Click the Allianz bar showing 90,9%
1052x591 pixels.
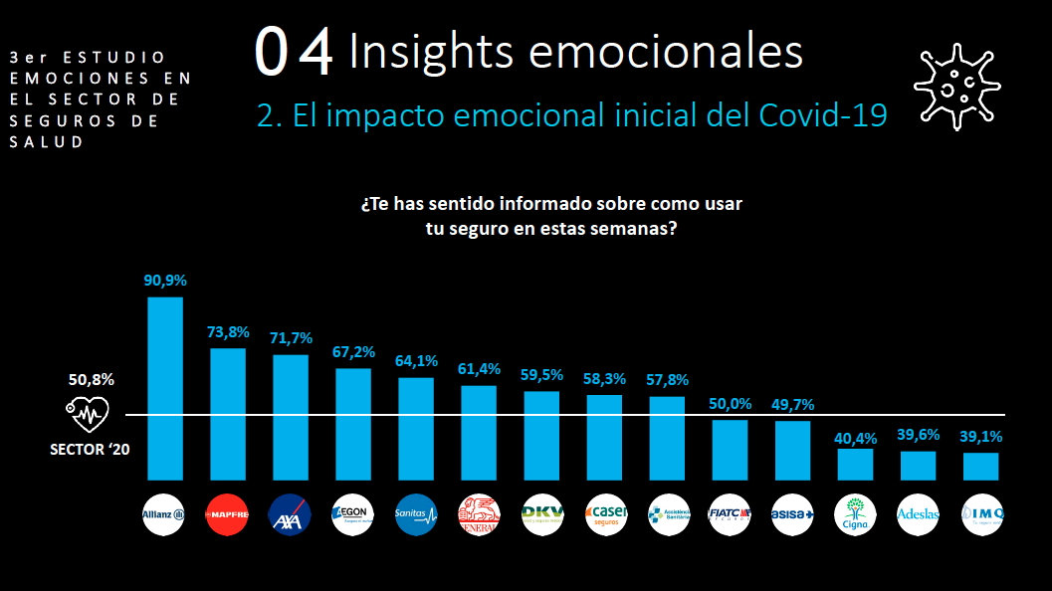pos(165,388)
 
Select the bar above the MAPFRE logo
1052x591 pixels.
pos(228,413)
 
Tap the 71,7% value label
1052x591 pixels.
pos(291,338)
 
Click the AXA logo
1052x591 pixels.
pos(291,514)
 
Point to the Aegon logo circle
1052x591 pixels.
pos(353,514)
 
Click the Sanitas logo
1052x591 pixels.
pos(416,514)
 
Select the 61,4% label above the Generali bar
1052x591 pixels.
pos(479,369)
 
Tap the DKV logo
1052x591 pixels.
pos(541,514)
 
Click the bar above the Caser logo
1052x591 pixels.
pos(604,438)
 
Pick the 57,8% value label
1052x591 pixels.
pos(667,380)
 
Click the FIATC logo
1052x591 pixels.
pos(730,514)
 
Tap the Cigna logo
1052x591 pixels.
pos(855,514)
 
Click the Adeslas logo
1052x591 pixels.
pos(918,514)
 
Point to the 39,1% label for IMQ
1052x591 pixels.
pos(980,436)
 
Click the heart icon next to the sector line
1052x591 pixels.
pos(87,411)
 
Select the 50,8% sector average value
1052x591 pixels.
pos(91,380)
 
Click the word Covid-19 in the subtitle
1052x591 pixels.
pos(822,115)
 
